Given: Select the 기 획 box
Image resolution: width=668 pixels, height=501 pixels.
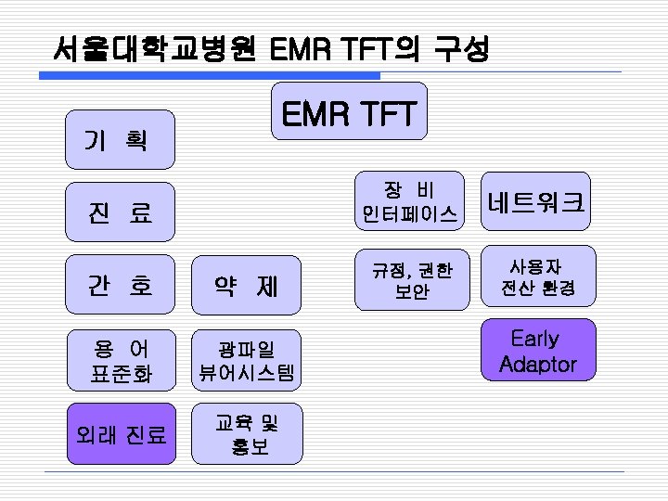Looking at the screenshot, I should coord(119,139).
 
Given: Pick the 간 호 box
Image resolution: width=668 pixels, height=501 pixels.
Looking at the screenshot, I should coord(119,284).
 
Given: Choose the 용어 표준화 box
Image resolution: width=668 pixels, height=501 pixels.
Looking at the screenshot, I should coord(119,360).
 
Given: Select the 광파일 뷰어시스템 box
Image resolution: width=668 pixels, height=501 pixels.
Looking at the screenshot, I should coord(246,360).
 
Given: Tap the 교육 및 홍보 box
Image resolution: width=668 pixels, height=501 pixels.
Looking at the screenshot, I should coord(246,433).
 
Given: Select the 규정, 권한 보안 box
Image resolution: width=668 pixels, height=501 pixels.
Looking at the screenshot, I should coord(409,280).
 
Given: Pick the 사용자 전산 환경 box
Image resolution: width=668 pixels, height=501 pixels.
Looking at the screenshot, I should coord(537,276).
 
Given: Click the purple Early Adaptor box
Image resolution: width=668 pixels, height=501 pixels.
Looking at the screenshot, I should coord(537,351).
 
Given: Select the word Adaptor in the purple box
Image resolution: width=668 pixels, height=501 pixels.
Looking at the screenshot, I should coord(537,364).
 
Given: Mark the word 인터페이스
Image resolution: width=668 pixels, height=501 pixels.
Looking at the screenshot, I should coord(409,214).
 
